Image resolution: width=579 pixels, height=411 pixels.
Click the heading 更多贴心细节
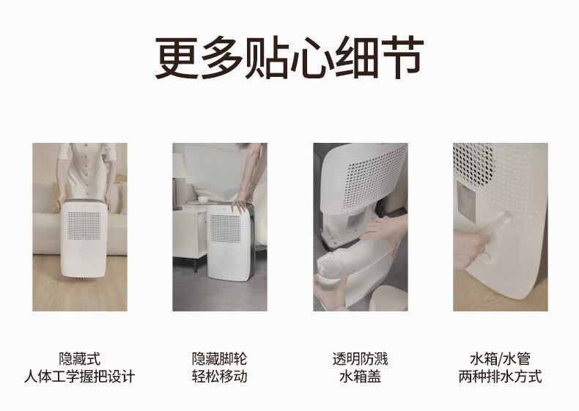coord(289,58)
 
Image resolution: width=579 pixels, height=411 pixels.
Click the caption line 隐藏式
coord(80,359)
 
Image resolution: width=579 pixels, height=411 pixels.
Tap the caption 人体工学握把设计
coord(80,377)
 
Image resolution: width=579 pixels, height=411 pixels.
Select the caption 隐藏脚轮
coord(220,359)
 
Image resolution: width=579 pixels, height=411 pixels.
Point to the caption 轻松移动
coord(220,377)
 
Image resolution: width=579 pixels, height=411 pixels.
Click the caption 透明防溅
coord(360,359)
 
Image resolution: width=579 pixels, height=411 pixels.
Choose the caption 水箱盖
coord(360,377)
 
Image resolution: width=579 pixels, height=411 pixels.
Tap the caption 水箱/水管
coord(501,359)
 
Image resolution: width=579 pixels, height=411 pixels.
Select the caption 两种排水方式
coord(501,377)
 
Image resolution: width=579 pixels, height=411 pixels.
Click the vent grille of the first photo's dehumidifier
coord(84,225)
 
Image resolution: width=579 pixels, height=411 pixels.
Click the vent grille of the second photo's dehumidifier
coord(225,228)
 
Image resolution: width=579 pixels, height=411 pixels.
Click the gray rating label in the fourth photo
coord(466,201)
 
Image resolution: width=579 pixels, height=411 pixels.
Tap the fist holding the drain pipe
coord(470,248)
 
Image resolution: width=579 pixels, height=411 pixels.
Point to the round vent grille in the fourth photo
coord(473,163)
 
